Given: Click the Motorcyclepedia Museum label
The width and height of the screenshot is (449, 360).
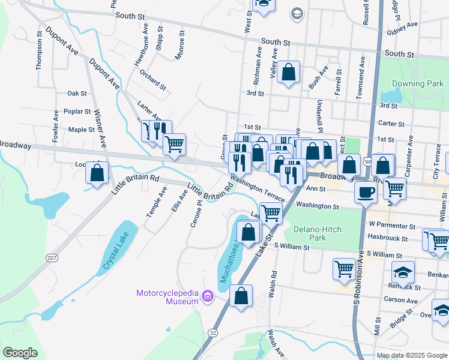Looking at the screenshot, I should (167, 296).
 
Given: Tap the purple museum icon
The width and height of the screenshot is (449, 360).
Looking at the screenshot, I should (208, 296).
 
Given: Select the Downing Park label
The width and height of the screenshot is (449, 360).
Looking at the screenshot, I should (417, 83).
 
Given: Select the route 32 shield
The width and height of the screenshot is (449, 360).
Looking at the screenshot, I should (214, 332).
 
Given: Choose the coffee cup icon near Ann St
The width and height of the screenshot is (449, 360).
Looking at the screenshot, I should (366, 191).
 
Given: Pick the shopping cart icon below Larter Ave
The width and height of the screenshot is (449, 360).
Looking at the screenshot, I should (174, 144).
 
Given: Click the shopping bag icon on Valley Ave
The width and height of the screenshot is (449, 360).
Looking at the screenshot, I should (289, 73).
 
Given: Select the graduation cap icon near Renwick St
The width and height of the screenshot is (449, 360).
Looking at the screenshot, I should (403, 272).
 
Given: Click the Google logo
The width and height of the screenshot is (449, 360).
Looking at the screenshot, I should (20, 353).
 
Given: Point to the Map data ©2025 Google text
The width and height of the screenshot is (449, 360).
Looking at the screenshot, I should (412, 355).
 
